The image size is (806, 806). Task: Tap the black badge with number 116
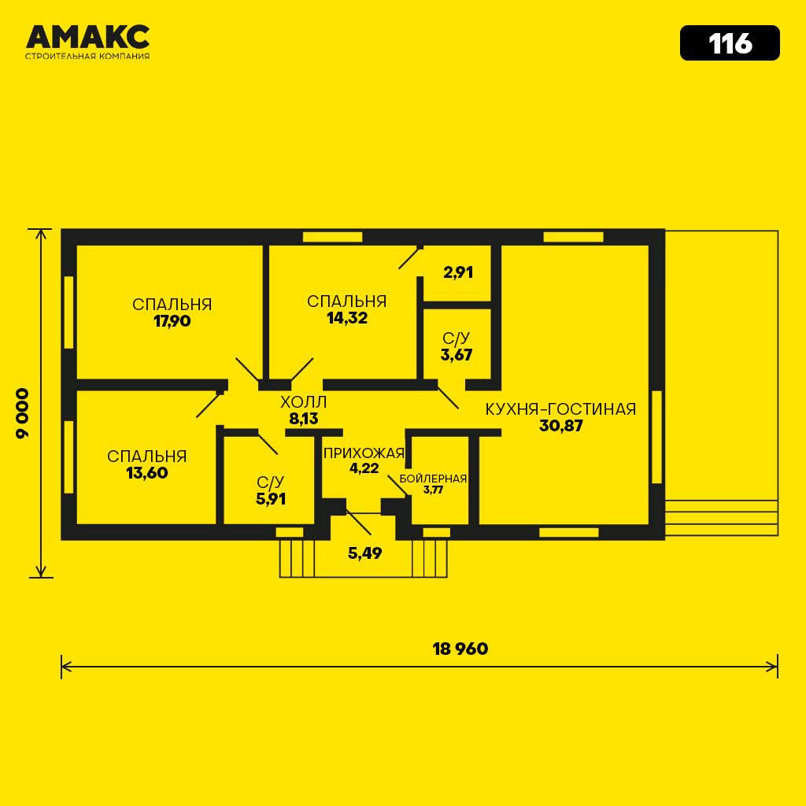[x=730, y=43]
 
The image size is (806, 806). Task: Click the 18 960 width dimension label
[x=460, y=649]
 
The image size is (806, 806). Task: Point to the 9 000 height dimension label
[x=23, y=412]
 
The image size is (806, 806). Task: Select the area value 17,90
[x=172, y=321]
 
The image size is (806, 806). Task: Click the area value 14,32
[x=347, y=318]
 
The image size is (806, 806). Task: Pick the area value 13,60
[x=147, y=473]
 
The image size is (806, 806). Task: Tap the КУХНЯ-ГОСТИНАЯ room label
[x=560, y=409]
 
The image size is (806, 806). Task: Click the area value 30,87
[x=560, y=426]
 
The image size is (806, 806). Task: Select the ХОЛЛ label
[x=303, y=401]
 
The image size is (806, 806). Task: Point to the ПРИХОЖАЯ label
[x=364, y=453]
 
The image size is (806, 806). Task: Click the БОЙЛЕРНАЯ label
[x=433, y=479]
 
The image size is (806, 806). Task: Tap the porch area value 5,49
[x=365, y=553]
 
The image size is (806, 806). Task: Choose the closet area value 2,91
[x=458, y=272]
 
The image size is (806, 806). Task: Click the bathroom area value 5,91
[x=271, y=499]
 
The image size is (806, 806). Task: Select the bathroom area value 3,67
[x=457, y=355]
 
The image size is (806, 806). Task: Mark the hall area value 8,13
[x=303, y=419]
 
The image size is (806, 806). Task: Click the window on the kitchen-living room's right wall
[x=656, y=437]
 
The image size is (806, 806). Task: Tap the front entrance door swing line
[x=358, y=523]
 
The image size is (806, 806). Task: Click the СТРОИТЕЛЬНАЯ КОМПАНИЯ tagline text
[x=87, y=56]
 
